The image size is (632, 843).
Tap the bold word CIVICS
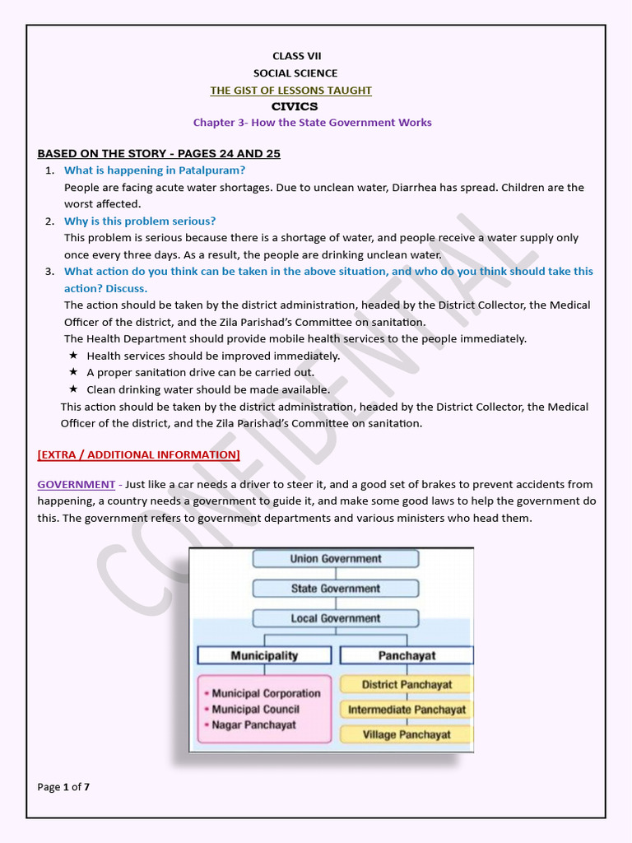pyautogui.click(x=295, y=106)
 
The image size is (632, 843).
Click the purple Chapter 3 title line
pyautogui.click(x=312, y=123)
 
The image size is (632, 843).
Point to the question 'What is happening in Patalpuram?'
pyautogui.click(x=155, y=170)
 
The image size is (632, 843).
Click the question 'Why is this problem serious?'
pyautogui.click(x=140, y=221)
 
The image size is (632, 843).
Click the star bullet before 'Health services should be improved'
pyautogui.click(x=73, y=356)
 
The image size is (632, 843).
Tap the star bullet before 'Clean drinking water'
pyautogui.click(x=73, y=389)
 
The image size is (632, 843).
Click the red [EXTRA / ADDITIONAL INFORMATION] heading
pyautogui.click(x=138, y=454)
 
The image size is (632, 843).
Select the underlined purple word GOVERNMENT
pyautogui.click(x=76, y=485)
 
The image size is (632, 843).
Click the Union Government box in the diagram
pyautogui.click(x=336, y=559)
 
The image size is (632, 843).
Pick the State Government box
pyautogui.click(x=336, y=589)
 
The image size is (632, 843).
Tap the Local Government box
pyautogui.click(x=336, y=618)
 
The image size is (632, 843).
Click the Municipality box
pyautogui.click(x=264, y=655)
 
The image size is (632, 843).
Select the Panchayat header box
pyautogui.click(x=407, y=655)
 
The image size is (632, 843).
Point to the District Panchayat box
pyautogui.click(x=407, y=685)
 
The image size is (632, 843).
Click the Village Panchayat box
pyautogui.click(x=407, y=734)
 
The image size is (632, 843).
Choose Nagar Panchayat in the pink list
pyautogui.click(x=253, y=725)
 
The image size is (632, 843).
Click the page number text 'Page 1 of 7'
pyautogui.click(x=63, y=787)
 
